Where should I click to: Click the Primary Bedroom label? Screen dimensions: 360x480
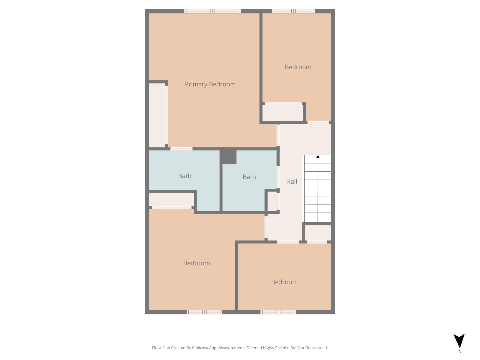pos(210,84)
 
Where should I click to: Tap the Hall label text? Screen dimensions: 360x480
pos(291,181)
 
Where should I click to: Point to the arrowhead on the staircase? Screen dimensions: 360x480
pos(318,157)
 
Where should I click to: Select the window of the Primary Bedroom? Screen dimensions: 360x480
pos(213,11)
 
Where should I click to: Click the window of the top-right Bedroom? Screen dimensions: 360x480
pos(293,11)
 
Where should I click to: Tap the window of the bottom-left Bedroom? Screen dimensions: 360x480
pos(204,312)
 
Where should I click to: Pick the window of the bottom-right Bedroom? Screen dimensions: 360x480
pos(278,312)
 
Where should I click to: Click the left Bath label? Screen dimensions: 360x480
pos(185,176)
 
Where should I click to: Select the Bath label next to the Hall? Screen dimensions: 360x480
pos(249,177)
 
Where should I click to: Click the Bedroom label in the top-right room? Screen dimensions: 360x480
pos(298,67)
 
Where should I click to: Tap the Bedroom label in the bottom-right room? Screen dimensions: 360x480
pos(284,282)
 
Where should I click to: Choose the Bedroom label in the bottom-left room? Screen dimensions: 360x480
pos(196,263)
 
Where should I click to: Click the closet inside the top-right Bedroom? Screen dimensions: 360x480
pos(282,113)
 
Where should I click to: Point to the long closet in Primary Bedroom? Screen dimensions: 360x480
pos(157,115)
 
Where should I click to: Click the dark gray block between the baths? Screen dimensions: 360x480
pos(228,156)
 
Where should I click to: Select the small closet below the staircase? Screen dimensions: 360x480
pos(317,233)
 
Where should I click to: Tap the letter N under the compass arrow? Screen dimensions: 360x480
pos(460,351)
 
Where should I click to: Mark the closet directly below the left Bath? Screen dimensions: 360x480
pos(171,200)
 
